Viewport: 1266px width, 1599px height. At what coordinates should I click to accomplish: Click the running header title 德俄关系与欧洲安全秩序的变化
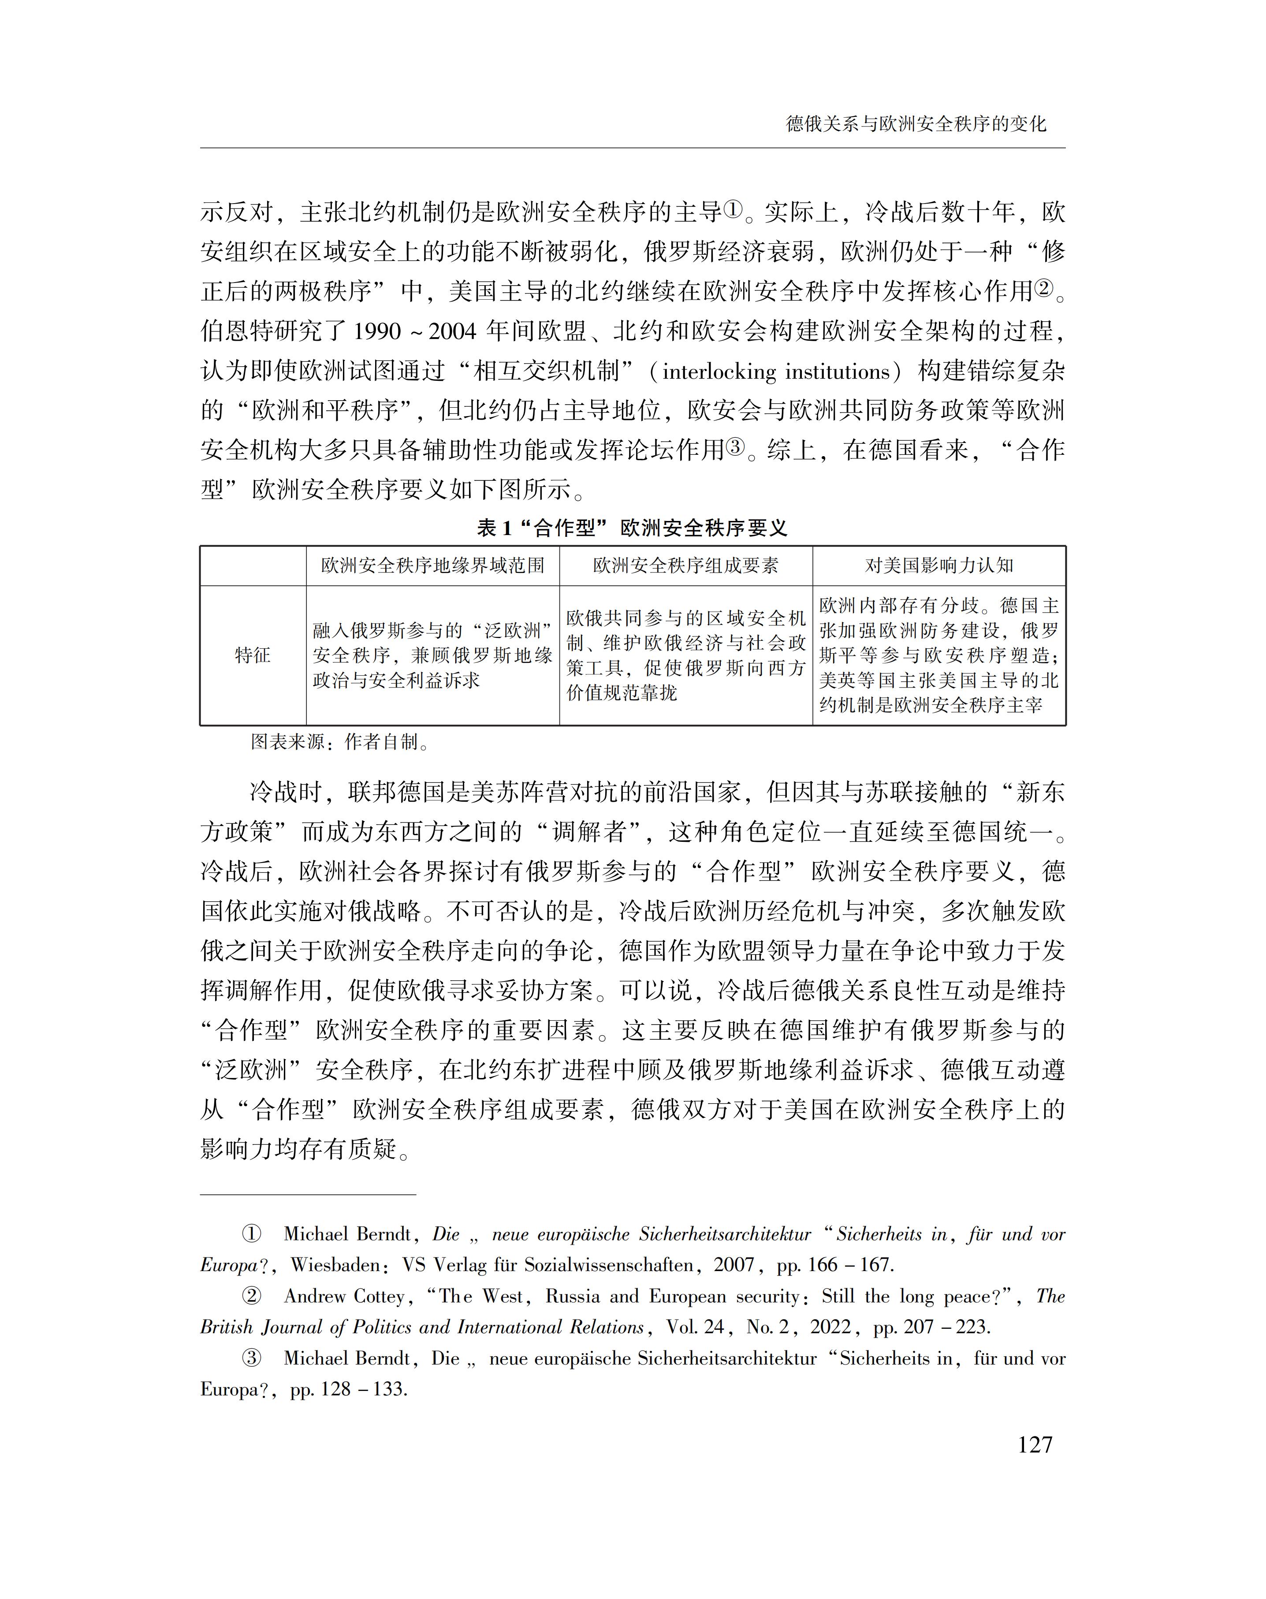click(916, 124)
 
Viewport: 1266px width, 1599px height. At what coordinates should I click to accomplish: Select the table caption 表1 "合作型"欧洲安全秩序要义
click(632, 528)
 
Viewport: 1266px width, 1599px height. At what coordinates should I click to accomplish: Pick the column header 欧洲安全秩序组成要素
click(685, 566)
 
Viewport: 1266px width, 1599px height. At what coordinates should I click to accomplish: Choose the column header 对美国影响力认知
click(938, 566)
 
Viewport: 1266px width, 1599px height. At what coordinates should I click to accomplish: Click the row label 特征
click(252, 655)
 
